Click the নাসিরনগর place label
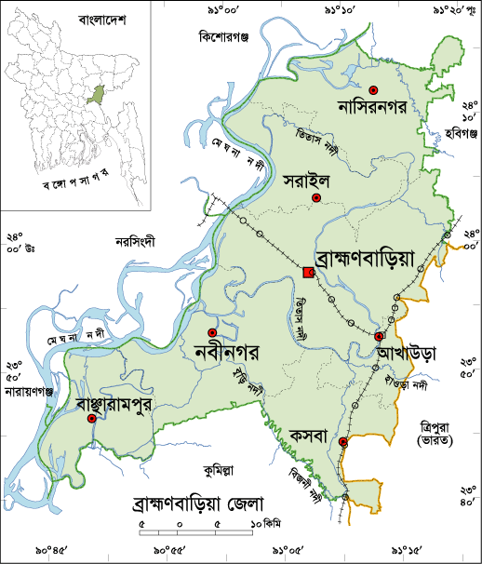(x=373, y=110)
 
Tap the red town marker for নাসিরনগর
(x=373, y=90)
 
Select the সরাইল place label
(x=307, y=183)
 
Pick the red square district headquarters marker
(x=308, y=271)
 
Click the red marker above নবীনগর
(x=212, y=332)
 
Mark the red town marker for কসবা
(x=343, y=442)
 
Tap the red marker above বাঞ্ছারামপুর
(x=91, y=419)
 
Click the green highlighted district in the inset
(x=91, y=94)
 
